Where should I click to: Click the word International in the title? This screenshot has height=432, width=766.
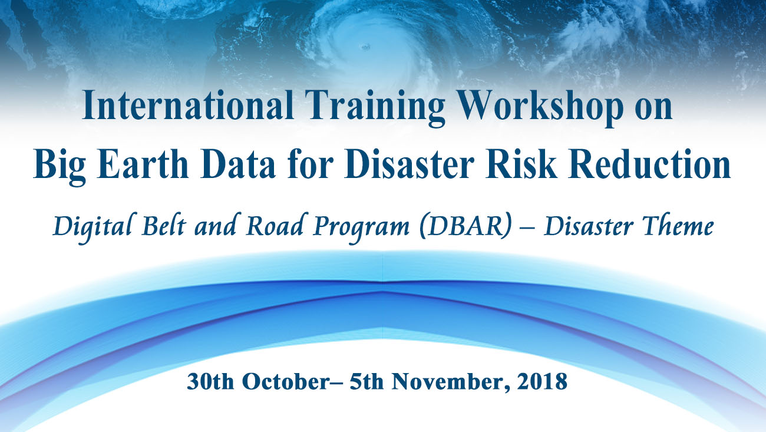(x=188, y=105)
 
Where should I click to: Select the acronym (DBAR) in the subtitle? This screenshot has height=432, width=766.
(x=465, y=226)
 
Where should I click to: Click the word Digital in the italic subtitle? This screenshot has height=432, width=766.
(x=93, y=227)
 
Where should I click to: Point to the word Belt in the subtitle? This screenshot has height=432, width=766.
(x=164, y=225)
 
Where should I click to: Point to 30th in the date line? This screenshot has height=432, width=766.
(x=210, y=381)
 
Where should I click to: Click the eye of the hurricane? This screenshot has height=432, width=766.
(x=365, y=46)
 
